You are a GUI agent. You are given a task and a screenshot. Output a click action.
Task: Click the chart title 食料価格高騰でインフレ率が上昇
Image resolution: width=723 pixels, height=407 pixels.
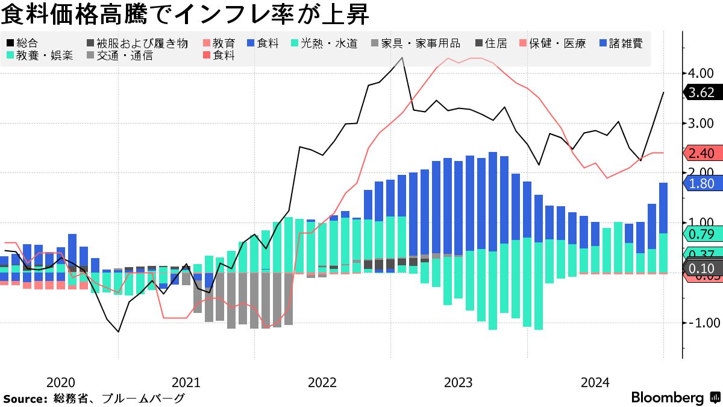186,13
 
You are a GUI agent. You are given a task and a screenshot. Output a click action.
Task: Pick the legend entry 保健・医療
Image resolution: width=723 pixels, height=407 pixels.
557,43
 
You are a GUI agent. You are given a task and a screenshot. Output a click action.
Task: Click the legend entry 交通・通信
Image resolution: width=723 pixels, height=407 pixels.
124,55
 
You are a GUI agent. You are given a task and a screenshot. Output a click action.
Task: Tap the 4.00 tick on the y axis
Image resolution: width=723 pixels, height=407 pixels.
701,73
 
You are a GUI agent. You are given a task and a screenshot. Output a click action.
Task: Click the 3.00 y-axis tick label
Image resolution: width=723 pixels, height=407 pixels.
701,123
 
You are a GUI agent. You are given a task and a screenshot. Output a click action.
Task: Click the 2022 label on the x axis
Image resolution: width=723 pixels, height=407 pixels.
322,382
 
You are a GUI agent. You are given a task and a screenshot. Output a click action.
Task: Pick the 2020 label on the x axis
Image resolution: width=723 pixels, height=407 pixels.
60,382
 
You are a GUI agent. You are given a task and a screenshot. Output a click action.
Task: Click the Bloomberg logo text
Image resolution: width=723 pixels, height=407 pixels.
668,397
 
